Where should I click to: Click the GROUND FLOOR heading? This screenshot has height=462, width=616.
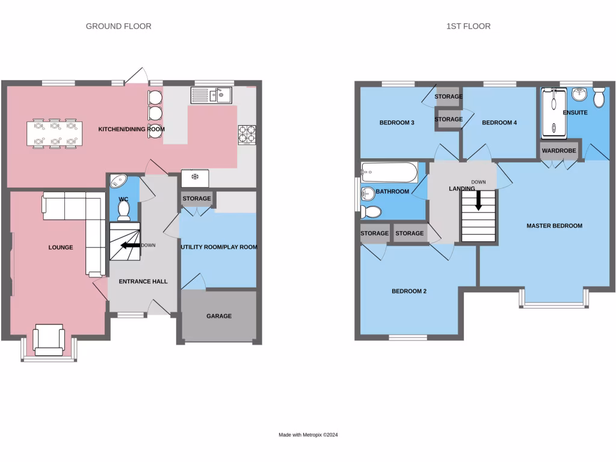(119, 26)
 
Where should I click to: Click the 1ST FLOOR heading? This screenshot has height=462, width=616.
(468, 26)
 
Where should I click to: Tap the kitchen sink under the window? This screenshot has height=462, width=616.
(211, 95)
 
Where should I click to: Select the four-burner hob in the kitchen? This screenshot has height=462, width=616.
(247, 134)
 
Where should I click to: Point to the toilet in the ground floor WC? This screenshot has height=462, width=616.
(124, 209)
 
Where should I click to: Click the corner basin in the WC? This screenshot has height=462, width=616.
(118, 181)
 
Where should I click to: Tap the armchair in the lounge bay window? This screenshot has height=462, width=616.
(49, 339)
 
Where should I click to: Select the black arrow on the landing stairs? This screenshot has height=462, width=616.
(479, 200)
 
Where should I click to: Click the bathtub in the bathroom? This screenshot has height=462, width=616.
(389, 173)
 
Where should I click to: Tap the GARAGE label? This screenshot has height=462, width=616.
(219, 316)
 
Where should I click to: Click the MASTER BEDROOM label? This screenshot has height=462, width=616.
(554, 226)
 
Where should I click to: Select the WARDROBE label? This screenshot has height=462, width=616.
(559, 150)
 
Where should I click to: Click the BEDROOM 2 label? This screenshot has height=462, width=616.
(408, 291)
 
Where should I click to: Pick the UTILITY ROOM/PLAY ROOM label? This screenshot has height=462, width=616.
(219, 247)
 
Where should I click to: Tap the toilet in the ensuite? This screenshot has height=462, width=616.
(599, 97)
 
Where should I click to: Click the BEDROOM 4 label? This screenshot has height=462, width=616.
(499, 123)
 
